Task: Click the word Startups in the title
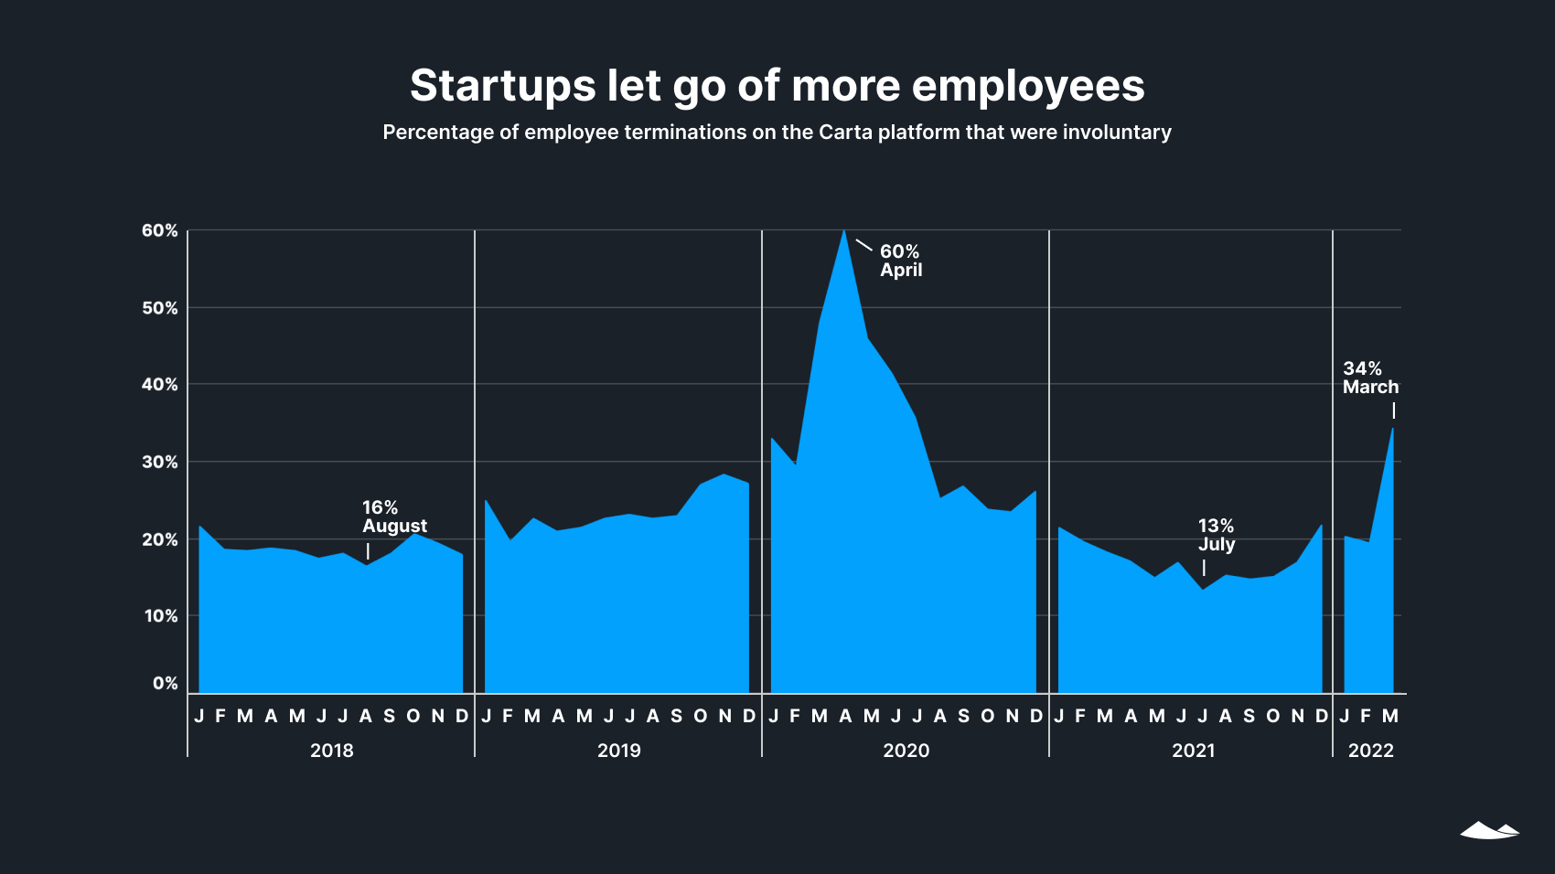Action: tap(502, 87)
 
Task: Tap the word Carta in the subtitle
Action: tap(845, 133)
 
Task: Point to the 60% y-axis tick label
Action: tap(159, 230)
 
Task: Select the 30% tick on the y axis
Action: tap(159, 462)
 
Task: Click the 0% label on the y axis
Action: tap(165, 683)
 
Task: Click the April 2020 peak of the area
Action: tap(843, 230)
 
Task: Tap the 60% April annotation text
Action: tap(900, 261)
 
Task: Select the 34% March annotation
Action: tap(1369, 378)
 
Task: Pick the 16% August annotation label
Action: tap(393, 517)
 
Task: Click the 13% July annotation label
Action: tap(1216, 535)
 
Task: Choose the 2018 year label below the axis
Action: tap(331, 751)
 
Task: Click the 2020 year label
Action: tap(906, 751)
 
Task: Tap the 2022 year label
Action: tap(1370, 751)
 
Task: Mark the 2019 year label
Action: tap(618, 751)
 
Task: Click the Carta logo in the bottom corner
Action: tap(1489, 830)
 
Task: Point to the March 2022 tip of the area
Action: tap(1392, 429)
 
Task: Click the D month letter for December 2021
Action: tap(1321, 716)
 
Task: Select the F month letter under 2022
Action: tap(1366, 716)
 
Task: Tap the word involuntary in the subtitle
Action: tap(1116, 133)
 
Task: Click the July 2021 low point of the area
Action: tap(1203, 589)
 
